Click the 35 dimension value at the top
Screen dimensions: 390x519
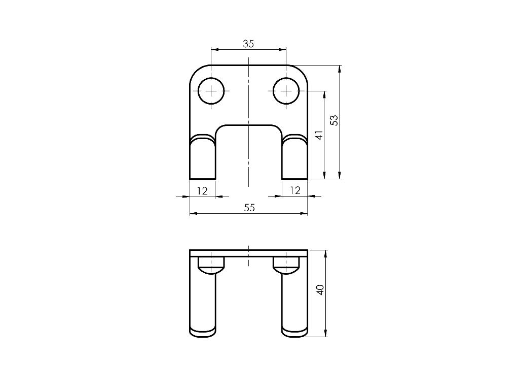pos(248,44)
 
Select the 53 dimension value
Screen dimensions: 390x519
pos(333,120)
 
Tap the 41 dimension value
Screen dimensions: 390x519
pos(319,135)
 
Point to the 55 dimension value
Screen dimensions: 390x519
pos(249,208)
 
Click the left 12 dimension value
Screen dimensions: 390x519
pos(202,190)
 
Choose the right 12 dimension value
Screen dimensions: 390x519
pos(294,190)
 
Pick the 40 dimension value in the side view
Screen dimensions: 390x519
pos(319,290)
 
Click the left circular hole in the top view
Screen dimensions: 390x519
pos(211,91)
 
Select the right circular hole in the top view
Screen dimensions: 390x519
pos(286,91)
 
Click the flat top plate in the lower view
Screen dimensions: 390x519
pos(248,253)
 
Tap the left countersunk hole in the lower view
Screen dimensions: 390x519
pos(211,265)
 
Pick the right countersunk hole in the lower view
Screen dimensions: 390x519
pos(286,265)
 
